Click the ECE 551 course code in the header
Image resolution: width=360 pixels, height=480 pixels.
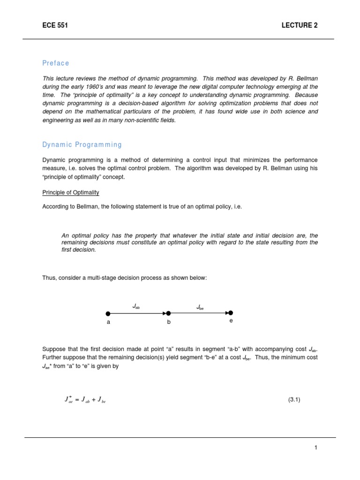pos(55,25)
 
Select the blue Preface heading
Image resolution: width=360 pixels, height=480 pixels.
pos(55,63)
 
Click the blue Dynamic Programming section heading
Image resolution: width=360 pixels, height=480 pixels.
pos(82,145)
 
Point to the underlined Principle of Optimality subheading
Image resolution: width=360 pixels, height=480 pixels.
pos(71,193)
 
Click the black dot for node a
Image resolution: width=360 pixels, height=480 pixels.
pos(108,314)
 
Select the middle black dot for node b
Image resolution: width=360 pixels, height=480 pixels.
pos(169,313)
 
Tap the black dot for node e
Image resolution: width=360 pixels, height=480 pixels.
pos(230,313)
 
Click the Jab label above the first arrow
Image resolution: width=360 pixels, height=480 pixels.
pos(136,306)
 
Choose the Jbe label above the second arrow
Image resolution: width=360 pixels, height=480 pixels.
pos(200,307)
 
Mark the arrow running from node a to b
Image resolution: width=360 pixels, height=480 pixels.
pos(138,313)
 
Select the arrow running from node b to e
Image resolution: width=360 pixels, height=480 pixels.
pos(199,313)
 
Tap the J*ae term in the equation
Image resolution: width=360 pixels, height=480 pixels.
pos(68,400)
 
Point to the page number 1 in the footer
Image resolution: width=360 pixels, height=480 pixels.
pos(316,448)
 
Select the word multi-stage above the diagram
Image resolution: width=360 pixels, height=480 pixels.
pos(97,278)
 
